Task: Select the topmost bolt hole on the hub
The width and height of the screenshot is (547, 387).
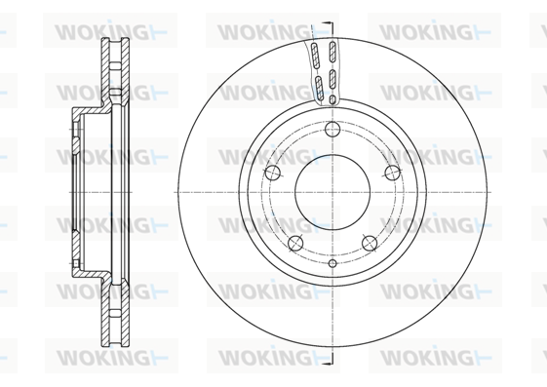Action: pyautogui.click(x=332, y=129)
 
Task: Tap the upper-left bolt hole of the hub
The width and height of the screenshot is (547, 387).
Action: pyautogui.click(x=273, y=173)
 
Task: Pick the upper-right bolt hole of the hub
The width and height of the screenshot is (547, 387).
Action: pyautogui.click(x=393, y=173)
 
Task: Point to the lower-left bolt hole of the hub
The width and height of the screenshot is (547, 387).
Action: pyautogui.click(x=295, y=243)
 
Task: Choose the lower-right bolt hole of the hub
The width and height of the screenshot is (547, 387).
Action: pyautogui.click(x=370, y=243)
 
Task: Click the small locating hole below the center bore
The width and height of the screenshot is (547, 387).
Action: pyautogui.click(x=332, y=263)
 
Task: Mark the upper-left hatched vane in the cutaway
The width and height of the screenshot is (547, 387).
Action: pyautogui.click(x=315, y=56)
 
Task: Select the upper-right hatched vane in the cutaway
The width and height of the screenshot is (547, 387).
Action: pyautogui.click(x=332, y=52)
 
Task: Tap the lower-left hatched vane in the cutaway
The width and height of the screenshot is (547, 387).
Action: pyautogui.click(x=319, y=88)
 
